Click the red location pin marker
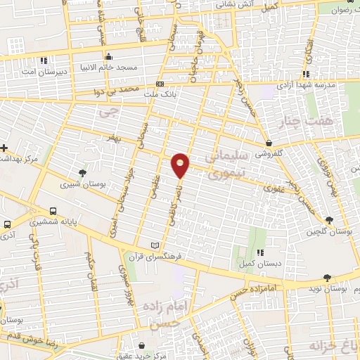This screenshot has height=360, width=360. pyautogui.click(x=181, y=165)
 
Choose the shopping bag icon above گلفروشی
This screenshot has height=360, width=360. pyautogui.click(x=269, y=141)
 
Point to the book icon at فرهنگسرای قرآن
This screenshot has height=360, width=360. pyautogui.click(x=155, y=244)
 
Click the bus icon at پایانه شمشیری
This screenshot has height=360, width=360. pyautogui.click(x=53, y=210)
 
